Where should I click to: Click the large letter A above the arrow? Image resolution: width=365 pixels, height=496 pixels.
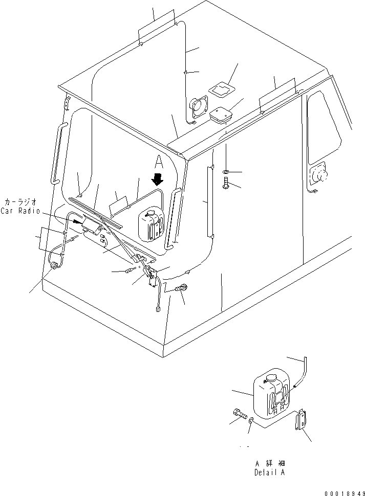pos(159,163)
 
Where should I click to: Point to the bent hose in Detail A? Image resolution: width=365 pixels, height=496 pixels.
pos(301,376)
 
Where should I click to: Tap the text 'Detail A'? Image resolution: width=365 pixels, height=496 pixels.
pos(269,473)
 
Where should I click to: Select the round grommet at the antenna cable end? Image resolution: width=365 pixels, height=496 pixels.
pos(53,266)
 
